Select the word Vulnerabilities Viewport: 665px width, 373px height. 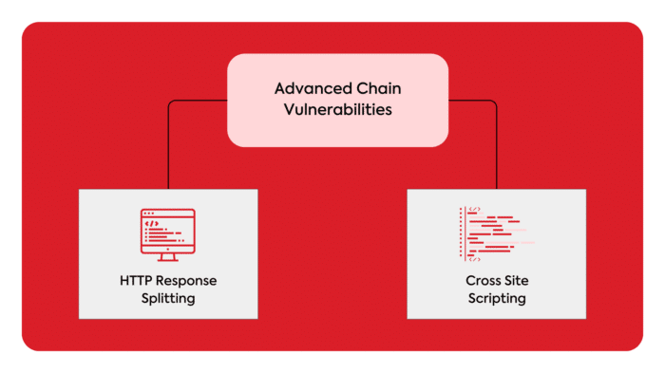pyautogui.click(x=337, y=109)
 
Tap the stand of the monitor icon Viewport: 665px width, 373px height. pyautogui.click(x=167, y=257)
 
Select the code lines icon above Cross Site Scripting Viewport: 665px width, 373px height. pyautogui.click(x=494, y=233)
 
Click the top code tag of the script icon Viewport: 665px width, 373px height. pyautogui.click(x=475, y=209)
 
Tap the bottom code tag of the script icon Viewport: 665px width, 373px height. pyautogui.click(x=475, y=259)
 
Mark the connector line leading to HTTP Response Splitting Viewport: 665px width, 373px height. pyautogui.click(x=169, y=142)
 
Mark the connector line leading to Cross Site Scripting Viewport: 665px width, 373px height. pyautogui.click(x=496, y=142)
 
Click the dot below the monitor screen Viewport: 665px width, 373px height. pyautogui.click(x=167, y=249)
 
